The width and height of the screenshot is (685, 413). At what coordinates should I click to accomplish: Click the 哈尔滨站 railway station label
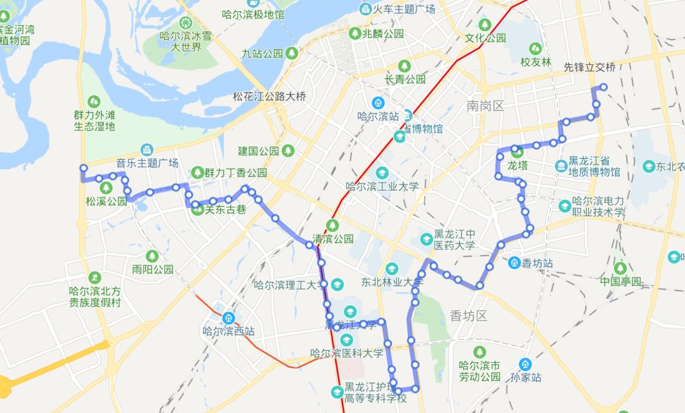[378, 117]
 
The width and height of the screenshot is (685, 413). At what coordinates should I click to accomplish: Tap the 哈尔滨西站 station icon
[228, 318]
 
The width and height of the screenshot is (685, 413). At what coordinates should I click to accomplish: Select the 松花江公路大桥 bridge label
[269, 97]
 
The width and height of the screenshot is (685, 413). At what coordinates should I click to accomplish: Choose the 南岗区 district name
[485, 106]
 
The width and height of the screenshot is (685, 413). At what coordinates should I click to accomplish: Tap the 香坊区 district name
[467, 315]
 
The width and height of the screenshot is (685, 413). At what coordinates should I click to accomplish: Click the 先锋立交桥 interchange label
[590, 67]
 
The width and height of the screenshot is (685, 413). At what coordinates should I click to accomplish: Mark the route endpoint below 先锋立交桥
[603, 87]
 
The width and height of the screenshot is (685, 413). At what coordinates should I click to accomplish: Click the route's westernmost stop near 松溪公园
[83, 168]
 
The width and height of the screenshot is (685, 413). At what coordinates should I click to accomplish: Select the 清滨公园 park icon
[332, 225]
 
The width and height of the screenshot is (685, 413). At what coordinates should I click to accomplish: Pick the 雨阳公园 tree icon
[152, 256]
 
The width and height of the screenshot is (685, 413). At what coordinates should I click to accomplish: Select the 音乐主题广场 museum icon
[147, 150]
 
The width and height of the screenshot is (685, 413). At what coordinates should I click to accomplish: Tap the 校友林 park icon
[535, 48]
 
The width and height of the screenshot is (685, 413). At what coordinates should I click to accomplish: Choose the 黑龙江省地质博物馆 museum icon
[561, 166]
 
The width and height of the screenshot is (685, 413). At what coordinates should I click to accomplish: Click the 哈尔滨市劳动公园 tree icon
[480, 351]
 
